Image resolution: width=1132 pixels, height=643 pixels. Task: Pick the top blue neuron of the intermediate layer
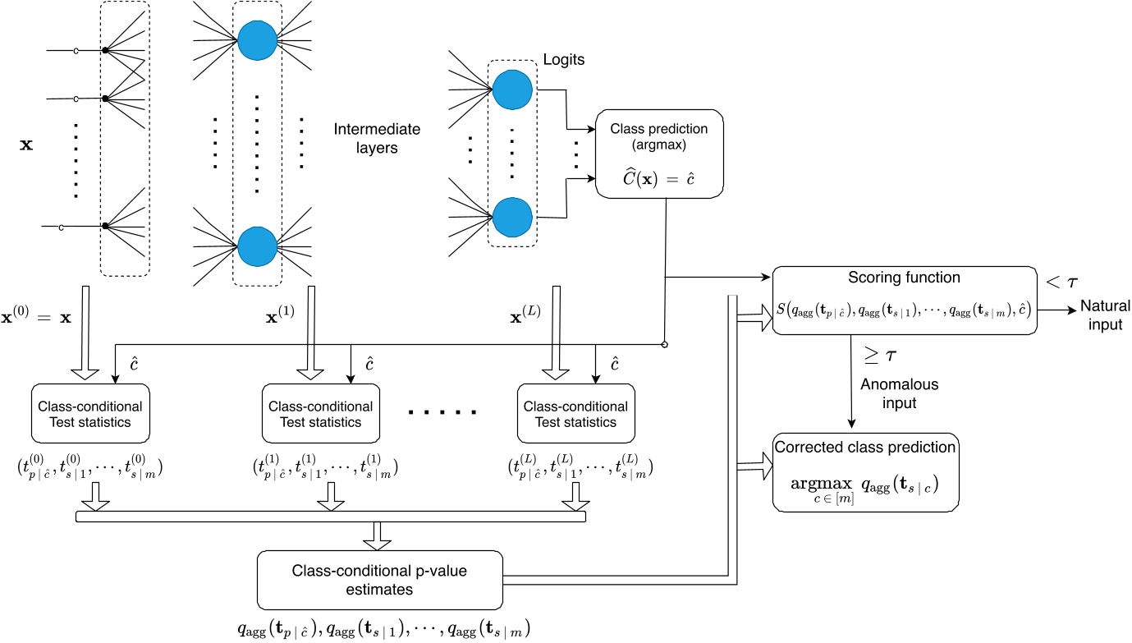[x=257, y=39]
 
